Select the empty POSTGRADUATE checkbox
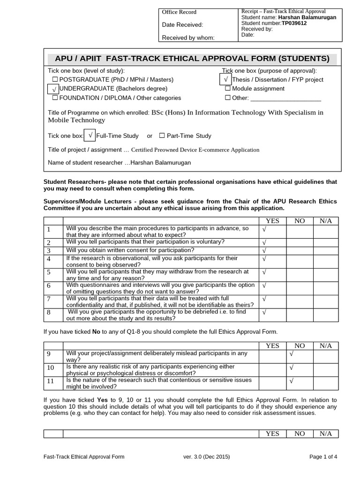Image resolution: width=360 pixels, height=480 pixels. [55, 80]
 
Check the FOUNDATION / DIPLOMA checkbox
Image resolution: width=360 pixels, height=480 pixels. [55, 98]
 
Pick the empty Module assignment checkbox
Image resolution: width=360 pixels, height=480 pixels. [228, 89]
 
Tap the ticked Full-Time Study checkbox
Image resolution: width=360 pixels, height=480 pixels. [90, 135]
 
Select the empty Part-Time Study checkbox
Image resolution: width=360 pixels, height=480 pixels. [162, 136]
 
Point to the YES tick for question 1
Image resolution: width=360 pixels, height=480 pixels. [264, 230]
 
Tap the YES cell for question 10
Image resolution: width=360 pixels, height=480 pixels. [272, 369]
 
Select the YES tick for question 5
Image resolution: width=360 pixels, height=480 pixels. [264, 272]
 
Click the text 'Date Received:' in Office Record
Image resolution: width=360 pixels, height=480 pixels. [182, 25]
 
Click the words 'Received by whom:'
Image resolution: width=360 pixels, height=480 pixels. [187, 37]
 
